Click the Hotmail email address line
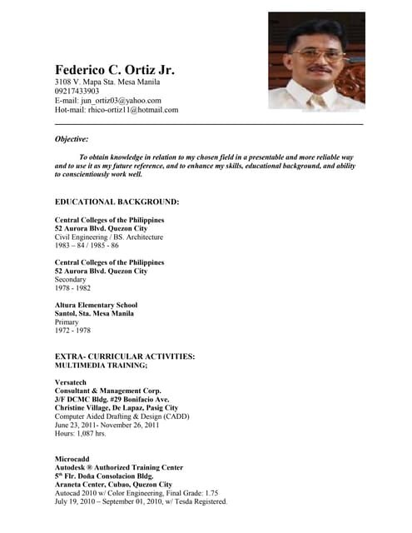117,109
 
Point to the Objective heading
72,139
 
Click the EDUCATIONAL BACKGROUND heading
117,202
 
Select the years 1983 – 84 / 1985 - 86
87,246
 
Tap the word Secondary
71,279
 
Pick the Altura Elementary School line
97,305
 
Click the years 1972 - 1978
73,331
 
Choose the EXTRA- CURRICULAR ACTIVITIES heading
125,356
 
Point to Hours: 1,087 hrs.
80,433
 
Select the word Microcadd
72,459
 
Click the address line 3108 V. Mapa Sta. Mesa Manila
107,82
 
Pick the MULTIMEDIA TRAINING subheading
101,365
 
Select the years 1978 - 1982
73,288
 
